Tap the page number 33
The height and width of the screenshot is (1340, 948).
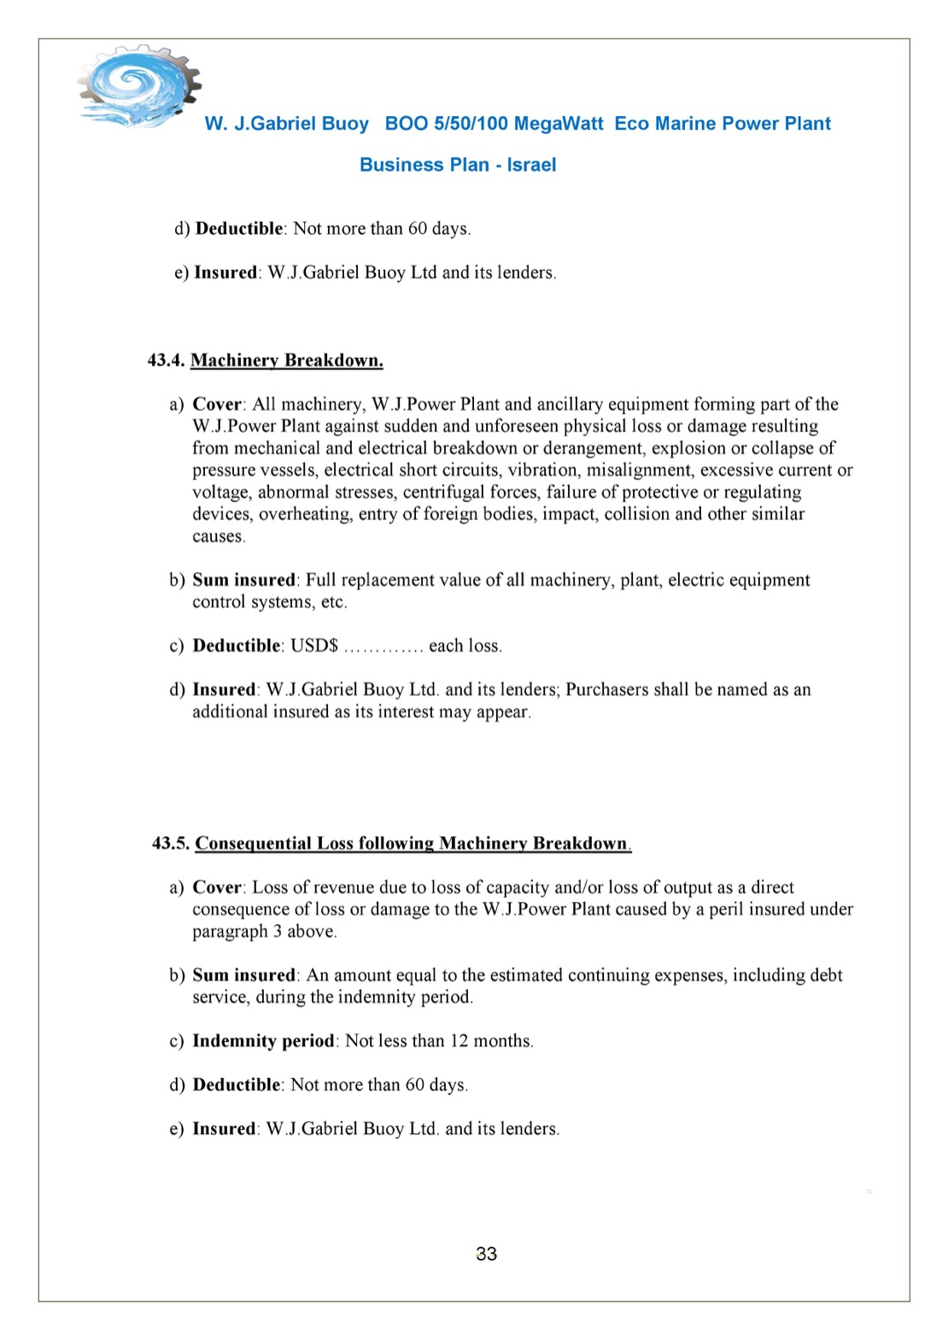(486, 1254)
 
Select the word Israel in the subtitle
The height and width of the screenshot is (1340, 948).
(531, 165)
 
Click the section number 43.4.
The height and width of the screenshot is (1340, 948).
(166, 360)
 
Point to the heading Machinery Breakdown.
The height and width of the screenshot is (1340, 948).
(286, 360)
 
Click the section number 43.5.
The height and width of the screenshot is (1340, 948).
(170, 844)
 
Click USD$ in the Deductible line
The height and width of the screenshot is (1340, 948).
(314, 646)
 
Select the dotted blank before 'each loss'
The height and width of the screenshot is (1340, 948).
(383, 647)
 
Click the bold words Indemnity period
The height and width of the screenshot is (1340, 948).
(263, 1041)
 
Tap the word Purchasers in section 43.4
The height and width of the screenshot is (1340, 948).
(607, 690)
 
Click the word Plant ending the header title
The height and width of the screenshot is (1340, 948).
(807, 124)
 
